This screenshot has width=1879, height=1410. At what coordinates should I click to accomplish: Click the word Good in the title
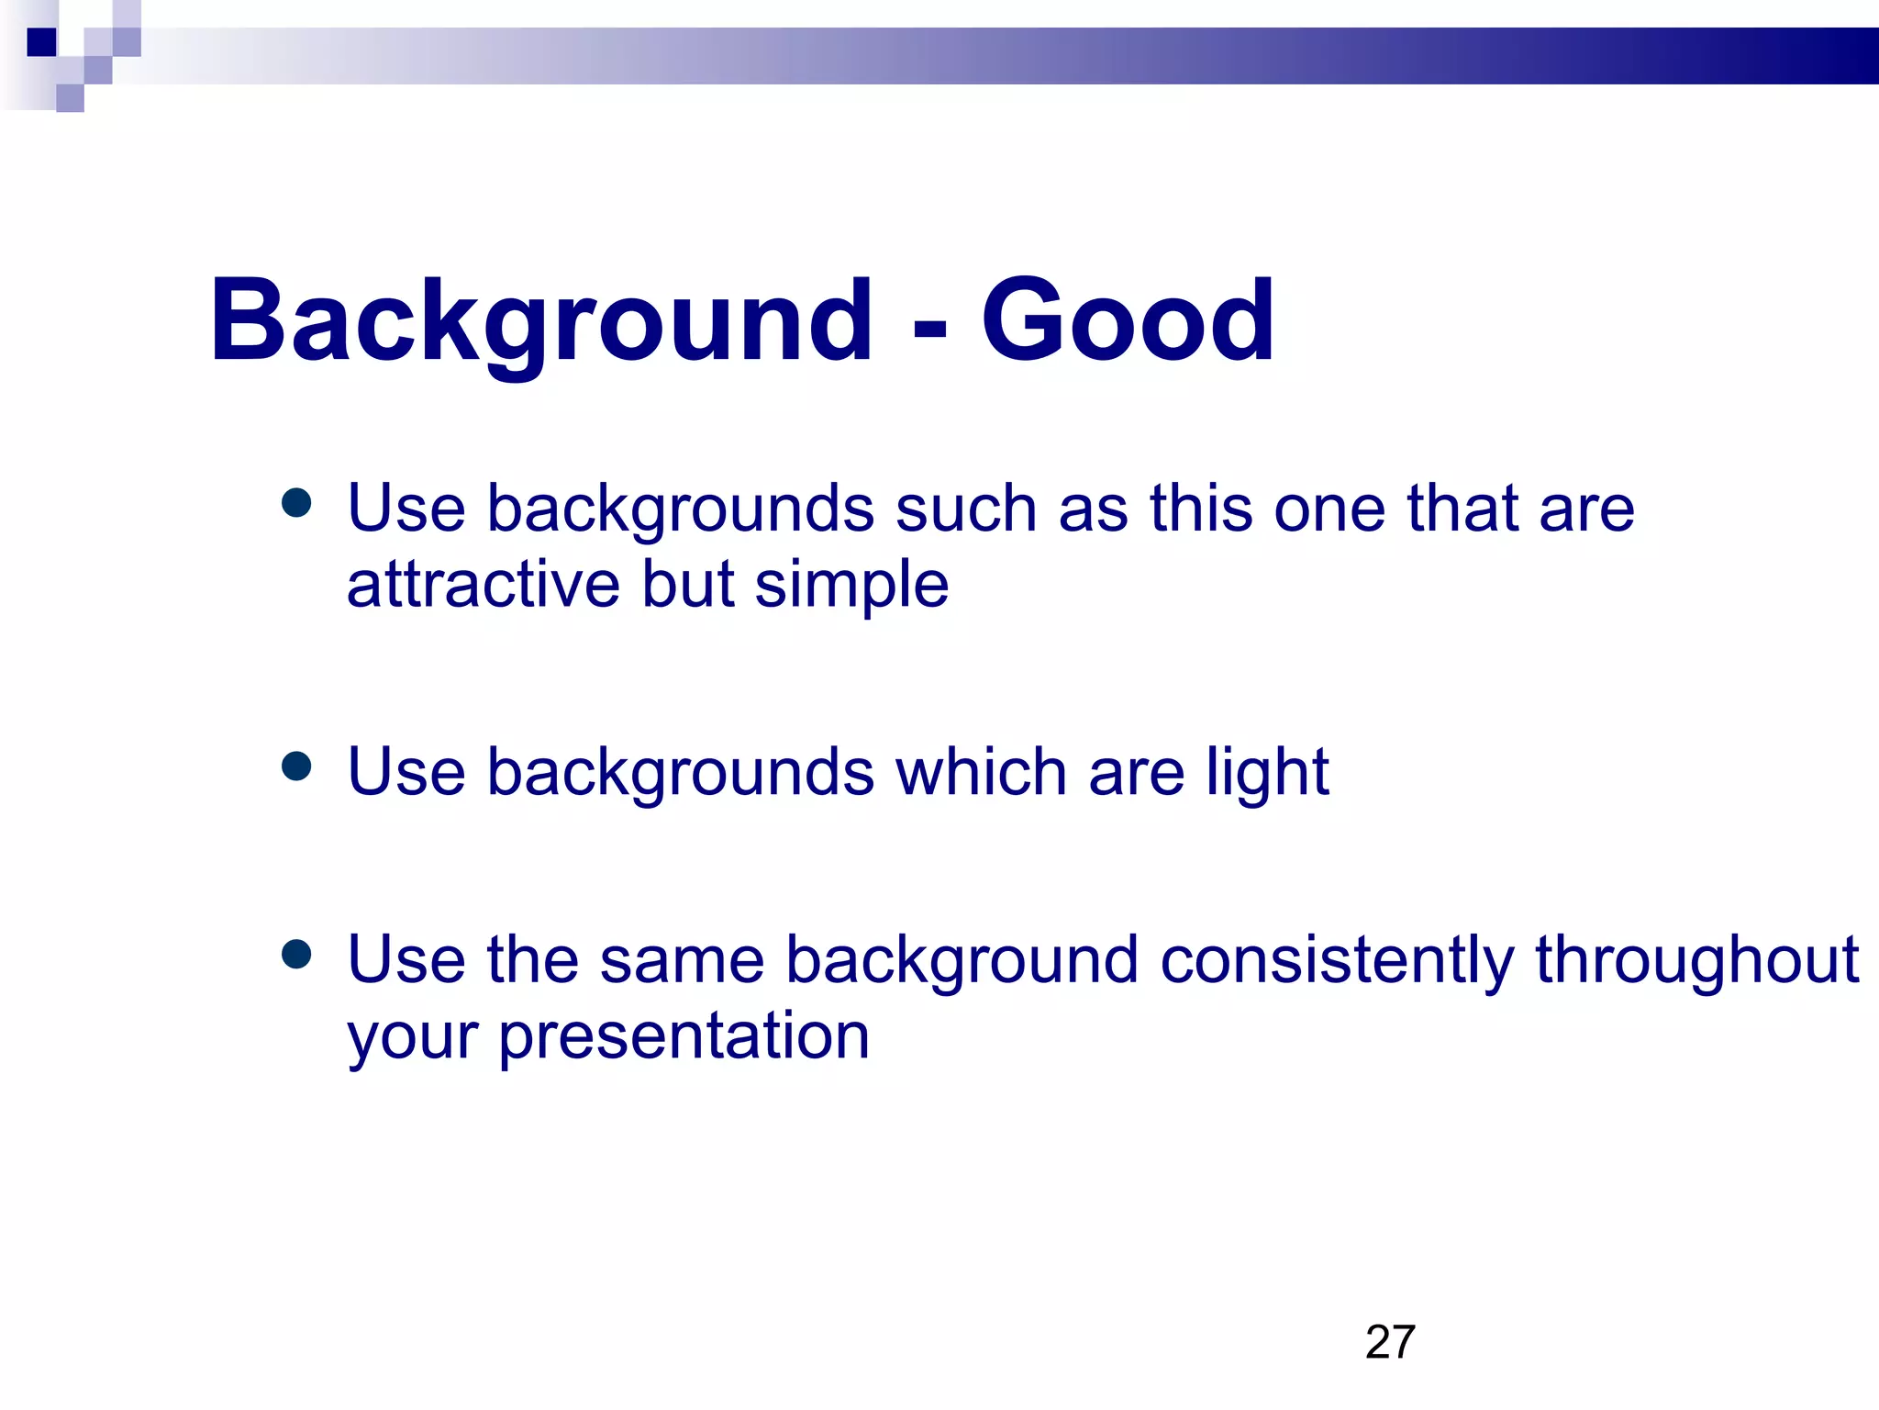[x=1128, y=321]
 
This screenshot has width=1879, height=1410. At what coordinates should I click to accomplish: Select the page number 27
[x=1390, y=1342]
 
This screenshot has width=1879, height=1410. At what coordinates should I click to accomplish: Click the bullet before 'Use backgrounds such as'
[x=296, y=503]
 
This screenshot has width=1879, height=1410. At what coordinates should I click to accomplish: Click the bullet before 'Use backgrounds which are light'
[x=296, y=766]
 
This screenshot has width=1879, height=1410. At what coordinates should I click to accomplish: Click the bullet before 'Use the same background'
[x=296, y=954]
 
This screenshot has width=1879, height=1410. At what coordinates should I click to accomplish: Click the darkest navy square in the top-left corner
[x=41, y=42]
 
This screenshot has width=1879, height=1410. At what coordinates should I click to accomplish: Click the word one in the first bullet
[x=1329, y=510]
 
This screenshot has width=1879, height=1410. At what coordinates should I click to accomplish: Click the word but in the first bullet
[x=688, y=584]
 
